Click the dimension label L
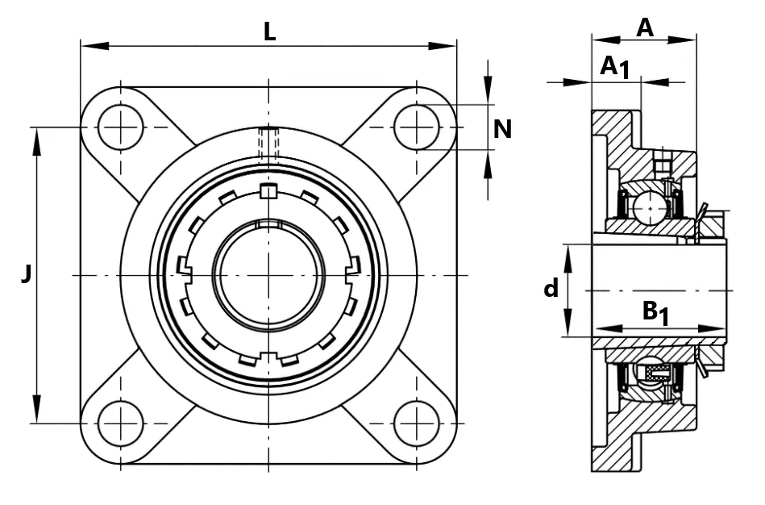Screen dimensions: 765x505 269,32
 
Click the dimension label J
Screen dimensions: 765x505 27,273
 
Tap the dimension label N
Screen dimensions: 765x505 502,129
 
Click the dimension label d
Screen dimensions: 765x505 551,288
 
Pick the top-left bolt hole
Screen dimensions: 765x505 120,127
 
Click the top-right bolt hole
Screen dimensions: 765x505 416,127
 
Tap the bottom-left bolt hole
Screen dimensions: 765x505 120,423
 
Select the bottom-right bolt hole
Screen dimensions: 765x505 416,423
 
